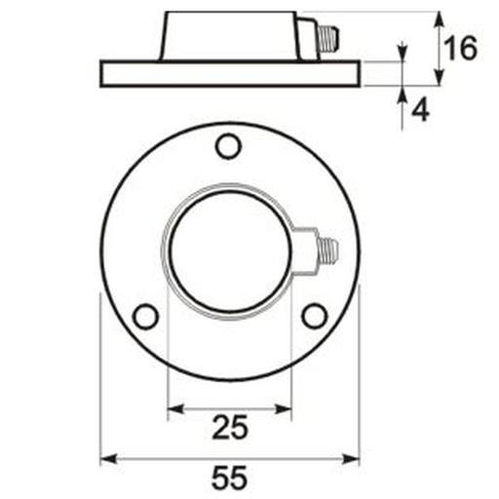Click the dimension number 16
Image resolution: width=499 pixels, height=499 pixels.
(x=461, y=48)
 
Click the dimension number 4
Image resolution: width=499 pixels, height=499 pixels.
(x=420, y=109)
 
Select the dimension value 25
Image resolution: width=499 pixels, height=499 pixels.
(x=230, y=427)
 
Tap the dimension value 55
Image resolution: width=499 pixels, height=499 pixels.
(x=230, y=478)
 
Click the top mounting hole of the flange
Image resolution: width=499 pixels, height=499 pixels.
(x=228, y=146)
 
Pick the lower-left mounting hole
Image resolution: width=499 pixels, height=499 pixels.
(x=146, y=317)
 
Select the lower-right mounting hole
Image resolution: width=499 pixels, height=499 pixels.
(x=315, y=317)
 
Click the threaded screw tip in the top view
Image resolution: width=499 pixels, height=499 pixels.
(x=328, y=249)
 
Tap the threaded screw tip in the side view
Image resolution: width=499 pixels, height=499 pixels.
(x=328, y=39)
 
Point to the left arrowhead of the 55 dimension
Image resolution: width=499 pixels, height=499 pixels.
(x=108, y=459)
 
